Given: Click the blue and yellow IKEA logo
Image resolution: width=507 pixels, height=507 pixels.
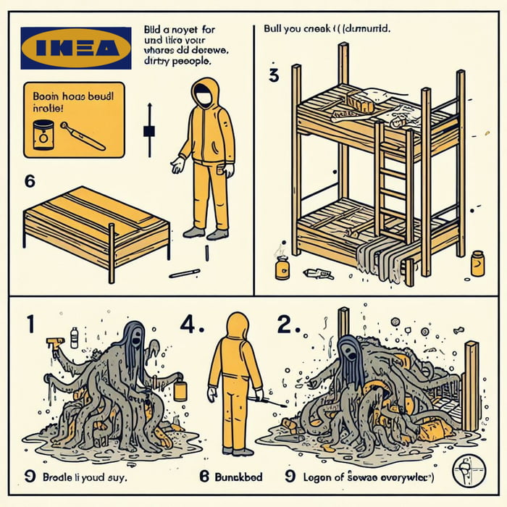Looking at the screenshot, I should tap(76, 48).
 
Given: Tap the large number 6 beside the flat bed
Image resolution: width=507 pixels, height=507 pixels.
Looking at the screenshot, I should tap(30, 182).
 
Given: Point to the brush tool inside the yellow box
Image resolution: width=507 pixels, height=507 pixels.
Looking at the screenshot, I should tap(82, 135).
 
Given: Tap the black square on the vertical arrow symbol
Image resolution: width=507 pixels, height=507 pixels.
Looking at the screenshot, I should tap(150, 131).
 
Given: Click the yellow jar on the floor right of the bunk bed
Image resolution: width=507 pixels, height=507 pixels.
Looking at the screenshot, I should tap(477, 263).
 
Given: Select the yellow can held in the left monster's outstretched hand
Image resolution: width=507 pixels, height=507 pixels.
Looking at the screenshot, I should tap(180, 390).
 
